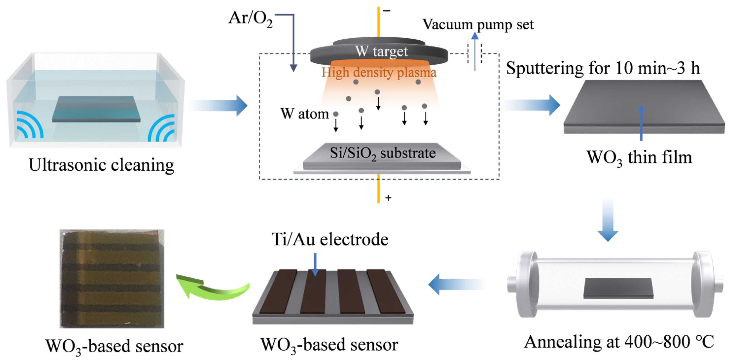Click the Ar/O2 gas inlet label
pos(250,19)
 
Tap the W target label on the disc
pos(381,52)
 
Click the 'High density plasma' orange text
pos(379,72)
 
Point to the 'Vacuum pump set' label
pos(478,25)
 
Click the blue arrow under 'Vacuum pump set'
pos(475,51)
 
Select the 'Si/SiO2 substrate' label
pos(383,153)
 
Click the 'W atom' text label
pos(304,114)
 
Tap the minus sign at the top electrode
pos(387,11)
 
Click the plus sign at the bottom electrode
pos(388,198)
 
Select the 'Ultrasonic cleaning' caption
pos(102,165)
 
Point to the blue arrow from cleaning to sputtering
pos(220,106)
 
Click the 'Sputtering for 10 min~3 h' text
pos(603,68)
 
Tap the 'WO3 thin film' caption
pos(639,158)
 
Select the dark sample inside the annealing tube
pos(618,288)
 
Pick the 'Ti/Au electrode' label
pos(330,239)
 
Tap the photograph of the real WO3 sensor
pos(112,279)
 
